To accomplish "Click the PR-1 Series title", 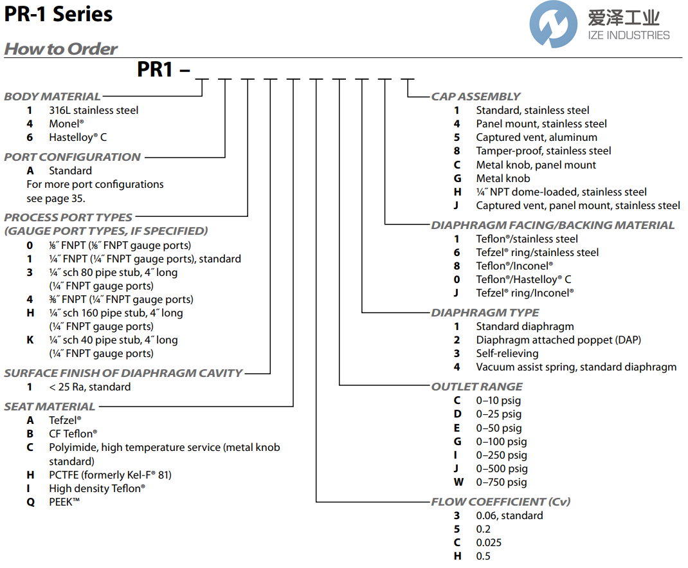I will (x=59, y=14).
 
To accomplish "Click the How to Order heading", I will (x=61, y=49).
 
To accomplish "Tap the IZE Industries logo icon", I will (x=553, y=24).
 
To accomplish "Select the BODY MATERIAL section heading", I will (x=52, y=96).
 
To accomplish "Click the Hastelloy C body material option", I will (x=78, y=137).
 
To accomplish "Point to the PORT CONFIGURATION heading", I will (x=72, y=157).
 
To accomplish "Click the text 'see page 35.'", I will (x=55, y=197).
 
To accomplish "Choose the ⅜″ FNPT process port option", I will (x=121, y=299).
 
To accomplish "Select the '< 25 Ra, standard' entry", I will (x=89, y=387).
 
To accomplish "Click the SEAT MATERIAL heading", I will (x=50, y=407).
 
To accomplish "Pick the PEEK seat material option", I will (x=64, y=502).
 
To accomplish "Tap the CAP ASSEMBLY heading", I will (x=476, y=96).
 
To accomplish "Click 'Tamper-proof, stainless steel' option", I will (x=543, y=151).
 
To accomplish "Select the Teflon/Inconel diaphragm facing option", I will (x=514, y=266).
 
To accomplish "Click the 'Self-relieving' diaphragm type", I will (x=507, y=353).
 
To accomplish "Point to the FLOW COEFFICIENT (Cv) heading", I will (x=500, y=502).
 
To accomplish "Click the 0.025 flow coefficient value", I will (x=489, y=542).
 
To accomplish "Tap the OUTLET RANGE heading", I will (x=476, y=387).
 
